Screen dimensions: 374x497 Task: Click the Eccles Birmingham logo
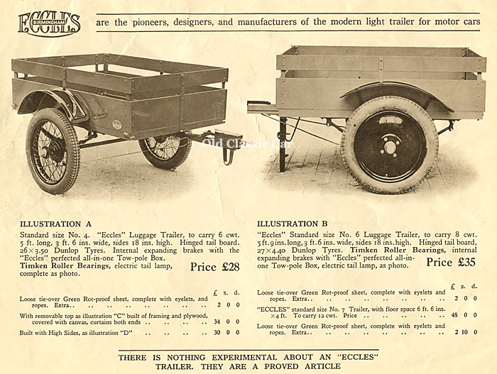[49, 23]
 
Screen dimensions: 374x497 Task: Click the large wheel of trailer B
[389, 144]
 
